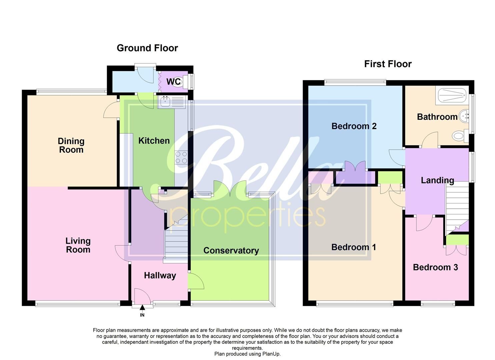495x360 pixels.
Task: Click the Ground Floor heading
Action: point(147,48)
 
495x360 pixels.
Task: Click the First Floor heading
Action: point(388,64)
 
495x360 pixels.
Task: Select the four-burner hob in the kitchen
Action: point(181,157)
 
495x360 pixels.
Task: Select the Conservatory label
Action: point(231,251)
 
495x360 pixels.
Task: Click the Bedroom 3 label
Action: point(435,267)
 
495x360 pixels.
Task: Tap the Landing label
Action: point(437,180)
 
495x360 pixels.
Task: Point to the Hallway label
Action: point(160,275)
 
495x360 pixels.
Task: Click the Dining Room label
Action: point(71,145)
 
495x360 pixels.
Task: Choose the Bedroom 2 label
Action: point(354,126)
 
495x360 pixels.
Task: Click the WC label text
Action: point(173,82)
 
